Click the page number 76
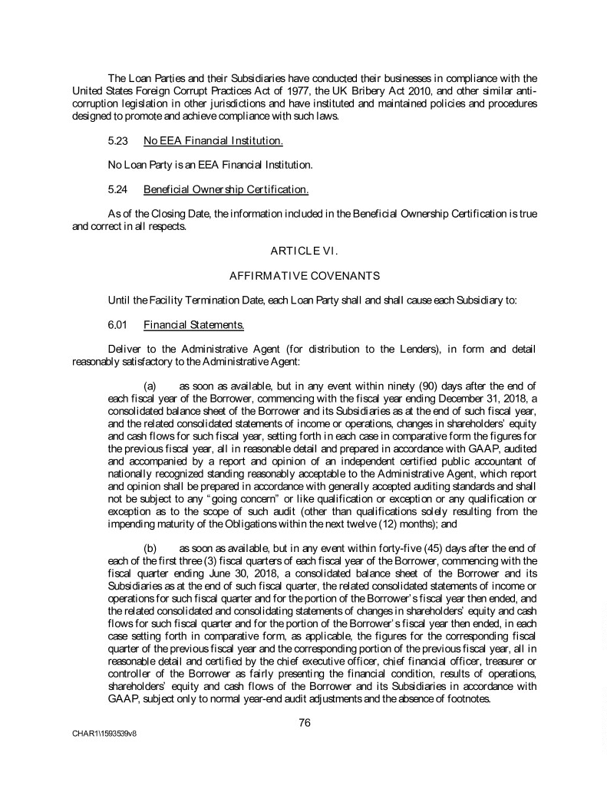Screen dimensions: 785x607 304,721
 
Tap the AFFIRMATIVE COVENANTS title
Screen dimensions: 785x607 304,274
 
